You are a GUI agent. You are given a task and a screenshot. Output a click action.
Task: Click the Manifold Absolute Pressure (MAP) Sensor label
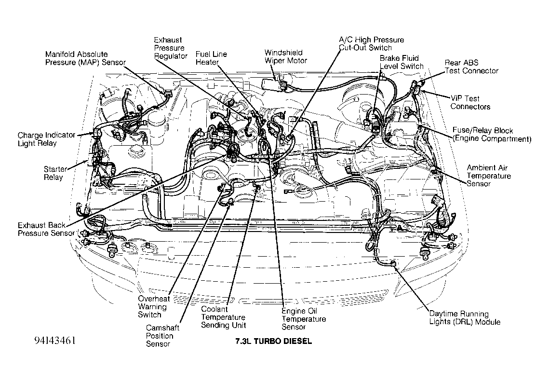pos(85,58)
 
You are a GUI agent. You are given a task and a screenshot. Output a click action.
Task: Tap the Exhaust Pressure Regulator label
pos(171,48)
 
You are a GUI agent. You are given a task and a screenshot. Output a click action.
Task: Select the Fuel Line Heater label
pos(211,58)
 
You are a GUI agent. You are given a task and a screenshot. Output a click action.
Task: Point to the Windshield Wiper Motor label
pos(285,56)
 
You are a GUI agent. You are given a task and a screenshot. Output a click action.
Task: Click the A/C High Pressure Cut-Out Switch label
pos(371,44)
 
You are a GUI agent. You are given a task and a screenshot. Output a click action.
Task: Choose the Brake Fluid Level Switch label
pos(401,62)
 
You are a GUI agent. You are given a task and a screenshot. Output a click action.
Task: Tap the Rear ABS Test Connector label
pos(471,67)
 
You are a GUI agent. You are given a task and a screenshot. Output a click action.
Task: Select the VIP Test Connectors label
pos(470,102)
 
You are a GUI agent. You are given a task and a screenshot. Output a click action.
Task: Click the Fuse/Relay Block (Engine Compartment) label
pos(492,135)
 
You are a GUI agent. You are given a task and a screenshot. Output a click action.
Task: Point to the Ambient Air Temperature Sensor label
pos(489,176)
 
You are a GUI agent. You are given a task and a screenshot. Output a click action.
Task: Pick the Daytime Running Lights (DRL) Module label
pos(465,318)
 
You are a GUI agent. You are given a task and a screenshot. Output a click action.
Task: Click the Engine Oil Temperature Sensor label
pos(304,319)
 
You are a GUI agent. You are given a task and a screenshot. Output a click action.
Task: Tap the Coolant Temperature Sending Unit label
pos(223,317)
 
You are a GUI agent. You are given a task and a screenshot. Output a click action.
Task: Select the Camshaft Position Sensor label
pos(162,336)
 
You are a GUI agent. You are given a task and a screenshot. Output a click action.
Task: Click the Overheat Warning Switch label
pos(154,307)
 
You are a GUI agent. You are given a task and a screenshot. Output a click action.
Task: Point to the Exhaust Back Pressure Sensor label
pos(46,229)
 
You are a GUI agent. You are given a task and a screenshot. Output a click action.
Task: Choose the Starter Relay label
pos(55,173)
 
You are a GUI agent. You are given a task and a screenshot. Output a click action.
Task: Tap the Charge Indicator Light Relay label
pos(46,139)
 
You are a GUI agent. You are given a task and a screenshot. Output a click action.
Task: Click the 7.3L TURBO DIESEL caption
pos(273,342)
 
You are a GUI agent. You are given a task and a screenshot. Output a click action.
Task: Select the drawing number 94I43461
pos(54,341)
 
